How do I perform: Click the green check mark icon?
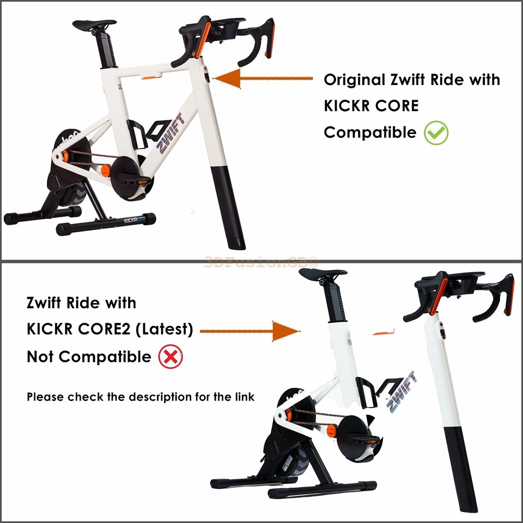click(436, 132)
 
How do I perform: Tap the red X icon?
click(170, 357)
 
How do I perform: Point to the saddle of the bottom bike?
click(323, 274)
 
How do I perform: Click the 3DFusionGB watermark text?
click(261, 262)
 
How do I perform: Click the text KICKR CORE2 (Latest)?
click(110, 330)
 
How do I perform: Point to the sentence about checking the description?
click(141, 397)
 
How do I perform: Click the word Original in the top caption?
click(355, 80)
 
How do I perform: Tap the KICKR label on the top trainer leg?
click(132, 221)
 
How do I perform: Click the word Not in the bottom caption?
click(41, 357)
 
